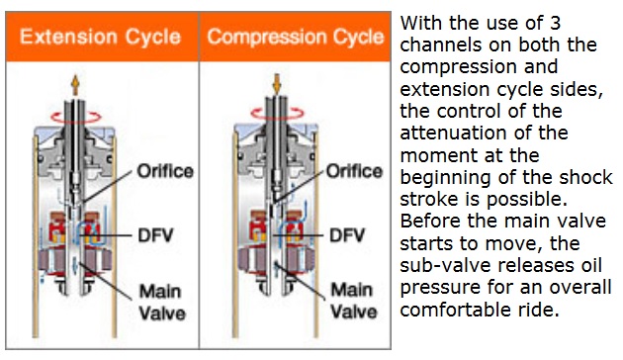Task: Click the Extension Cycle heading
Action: (x=100, y=37)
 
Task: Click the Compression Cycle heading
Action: (x=296, y=37)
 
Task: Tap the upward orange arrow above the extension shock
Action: (x=75, y=85)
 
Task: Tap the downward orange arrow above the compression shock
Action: (x=277, y=85)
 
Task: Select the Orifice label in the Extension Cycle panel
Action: (x=165, y=172)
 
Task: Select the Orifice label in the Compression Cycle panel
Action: (x=354, y=172)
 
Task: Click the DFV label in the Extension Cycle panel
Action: (x=156, y=235)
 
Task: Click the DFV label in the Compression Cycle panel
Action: (x=347, y=235)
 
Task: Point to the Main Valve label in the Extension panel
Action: (x=162, y=303)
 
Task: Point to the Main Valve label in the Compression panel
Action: (x=354, y=301)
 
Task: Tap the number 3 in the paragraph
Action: (x=555, y=24)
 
